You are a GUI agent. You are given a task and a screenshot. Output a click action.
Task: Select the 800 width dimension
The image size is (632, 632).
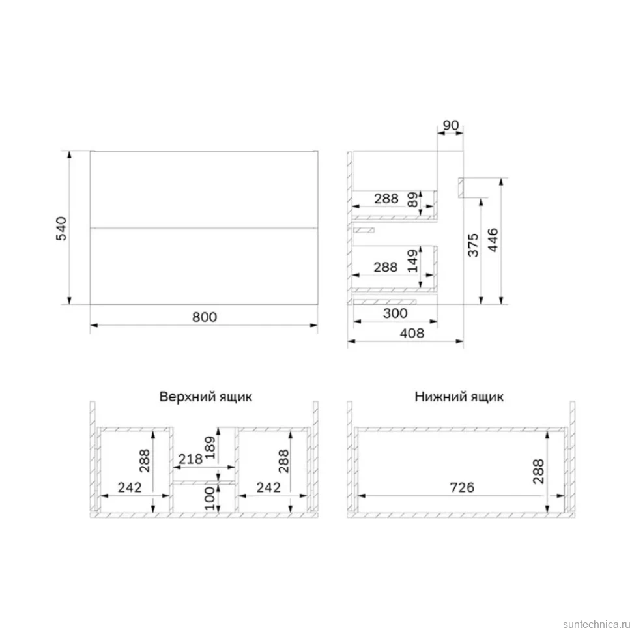click(x=205, y=317)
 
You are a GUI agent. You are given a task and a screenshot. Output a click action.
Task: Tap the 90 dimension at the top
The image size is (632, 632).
click(x=451, y=125)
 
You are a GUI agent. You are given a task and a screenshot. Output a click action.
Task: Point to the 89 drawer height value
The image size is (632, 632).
click(x=412, y=199)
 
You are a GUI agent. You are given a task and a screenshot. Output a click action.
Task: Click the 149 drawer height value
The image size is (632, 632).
click(x=412, y=261)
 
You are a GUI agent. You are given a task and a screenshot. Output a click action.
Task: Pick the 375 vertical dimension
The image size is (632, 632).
click(x=473, y=245)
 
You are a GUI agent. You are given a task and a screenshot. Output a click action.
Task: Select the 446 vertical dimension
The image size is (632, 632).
click(x=493, y=240)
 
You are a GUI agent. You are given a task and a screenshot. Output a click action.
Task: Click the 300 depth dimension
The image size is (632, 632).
click(x=395, y=313)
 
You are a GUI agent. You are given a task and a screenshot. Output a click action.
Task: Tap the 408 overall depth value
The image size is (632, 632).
click(x=412, y=334)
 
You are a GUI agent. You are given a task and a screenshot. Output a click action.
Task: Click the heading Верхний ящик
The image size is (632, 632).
click(x=205, y=397)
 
